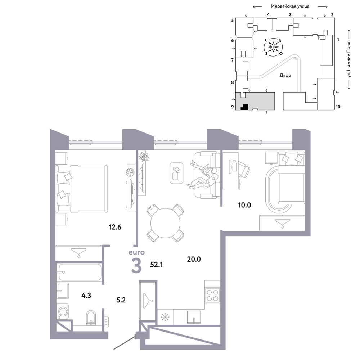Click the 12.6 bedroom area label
pyautogui.click(x=115, y=227)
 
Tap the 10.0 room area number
pyautogui.click(x=244, y=205)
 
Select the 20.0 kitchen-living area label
pyautogui.click(x=194, y=259)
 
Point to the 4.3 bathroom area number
pyautogui.click(x=86, y=295)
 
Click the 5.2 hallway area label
pyautogui.click(x=121, y=300)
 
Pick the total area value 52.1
pyautogui.click(x=156, y=265)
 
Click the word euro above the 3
pyautogui.click(x=136, y=252)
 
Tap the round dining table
pyautogui.click(x=165, y=223)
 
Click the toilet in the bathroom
pyautogui.click(x=91, y=318)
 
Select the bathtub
pyautogui.click(x=80, y=272)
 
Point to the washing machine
pyautogui.click(x=63, y=311)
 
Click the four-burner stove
pyautogui.click(x=212, y=296)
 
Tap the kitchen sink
pyautogui.click(x=194, y=317)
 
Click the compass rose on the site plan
pyautogui.click(x=273, y=47)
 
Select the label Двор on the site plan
pyautogui.click(x=285, y=75)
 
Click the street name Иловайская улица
pyautogui.click(x=290, y=6)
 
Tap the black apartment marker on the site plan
pyautogui.click(x=244, y=107)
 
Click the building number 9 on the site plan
pyautogui.click(x=233, y=107)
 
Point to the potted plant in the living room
pyautogui.click(x=144, y=157)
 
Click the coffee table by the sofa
pyautogui.click(x=176, y=173)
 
